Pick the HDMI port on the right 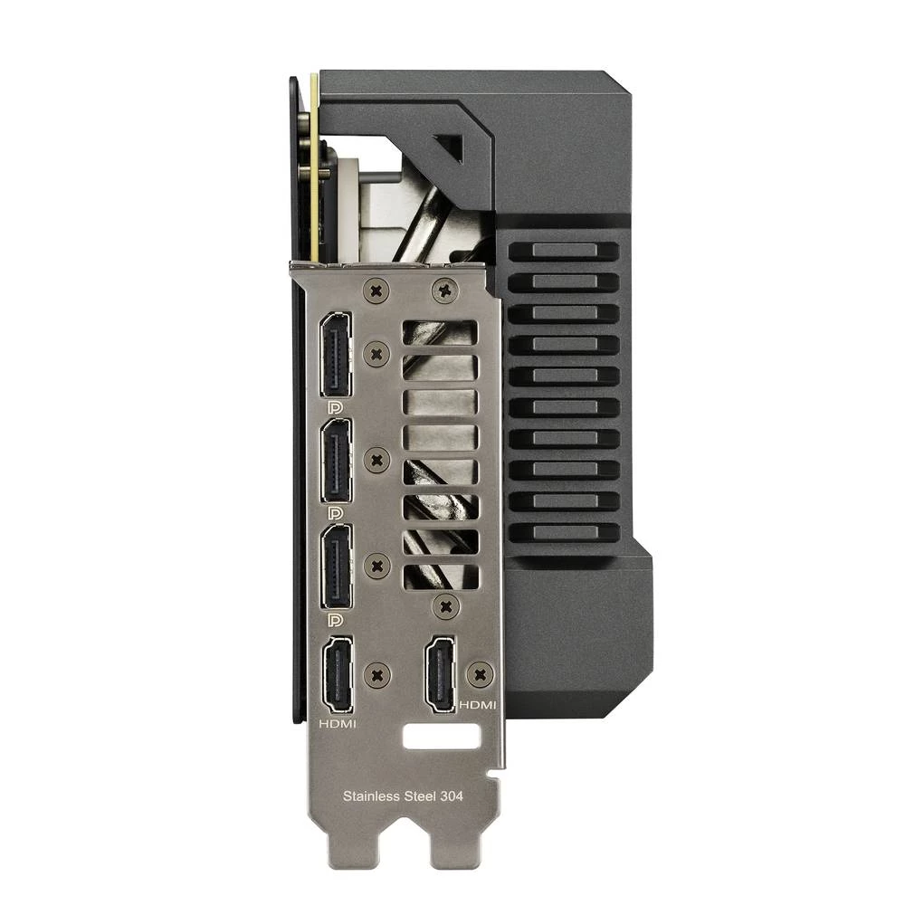pos(445,672)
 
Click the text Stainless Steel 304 pos(403,797)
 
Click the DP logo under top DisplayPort pos(336,409)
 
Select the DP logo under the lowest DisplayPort pos(336,620)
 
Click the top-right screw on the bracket pos(443,291)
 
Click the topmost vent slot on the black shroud pos(563,251)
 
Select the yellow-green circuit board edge pos(314,172)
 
